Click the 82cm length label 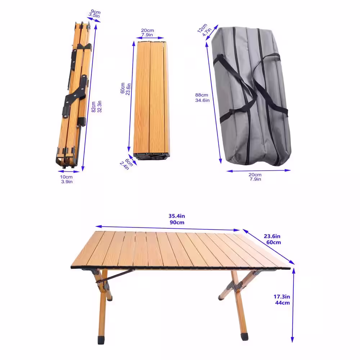point(94,107)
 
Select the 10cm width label point(66,177)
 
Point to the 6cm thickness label point(129,162)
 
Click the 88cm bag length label point(202,95)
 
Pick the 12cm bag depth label point(202,28)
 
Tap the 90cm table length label point(177,222)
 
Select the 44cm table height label point(282,303)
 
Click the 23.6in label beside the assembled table point(272,236)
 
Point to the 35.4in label point(176,216)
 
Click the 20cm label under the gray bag point(255,175)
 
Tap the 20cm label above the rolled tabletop point(147,31)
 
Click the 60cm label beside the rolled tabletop point(123,88)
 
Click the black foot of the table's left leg point(101,340)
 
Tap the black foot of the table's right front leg point(245,337)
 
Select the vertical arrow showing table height point(293,305)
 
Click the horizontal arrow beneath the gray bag point(258,171)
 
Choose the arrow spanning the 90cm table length point(168,228)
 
